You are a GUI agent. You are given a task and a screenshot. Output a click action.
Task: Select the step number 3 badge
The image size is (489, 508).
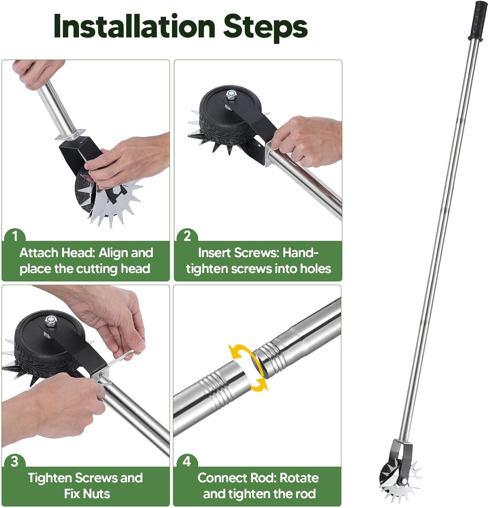[15, 462]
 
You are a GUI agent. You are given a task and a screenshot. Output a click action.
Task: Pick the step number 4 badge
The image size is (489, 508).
[187, 462]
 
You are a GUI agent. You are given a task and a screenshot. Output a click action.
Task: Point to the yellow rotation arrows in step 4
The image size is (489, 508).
[248, 368]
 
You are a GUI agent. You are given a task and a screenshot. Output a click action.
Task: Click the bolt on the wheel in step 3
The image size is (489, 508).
[50, 319]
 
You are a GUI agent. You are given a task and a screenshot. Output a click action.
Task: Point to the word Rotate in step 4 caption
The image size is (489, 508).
[300, 478]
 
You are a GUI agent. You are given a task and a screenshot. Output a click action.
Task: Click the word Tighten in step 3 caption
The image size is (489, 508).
[50, 478]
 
